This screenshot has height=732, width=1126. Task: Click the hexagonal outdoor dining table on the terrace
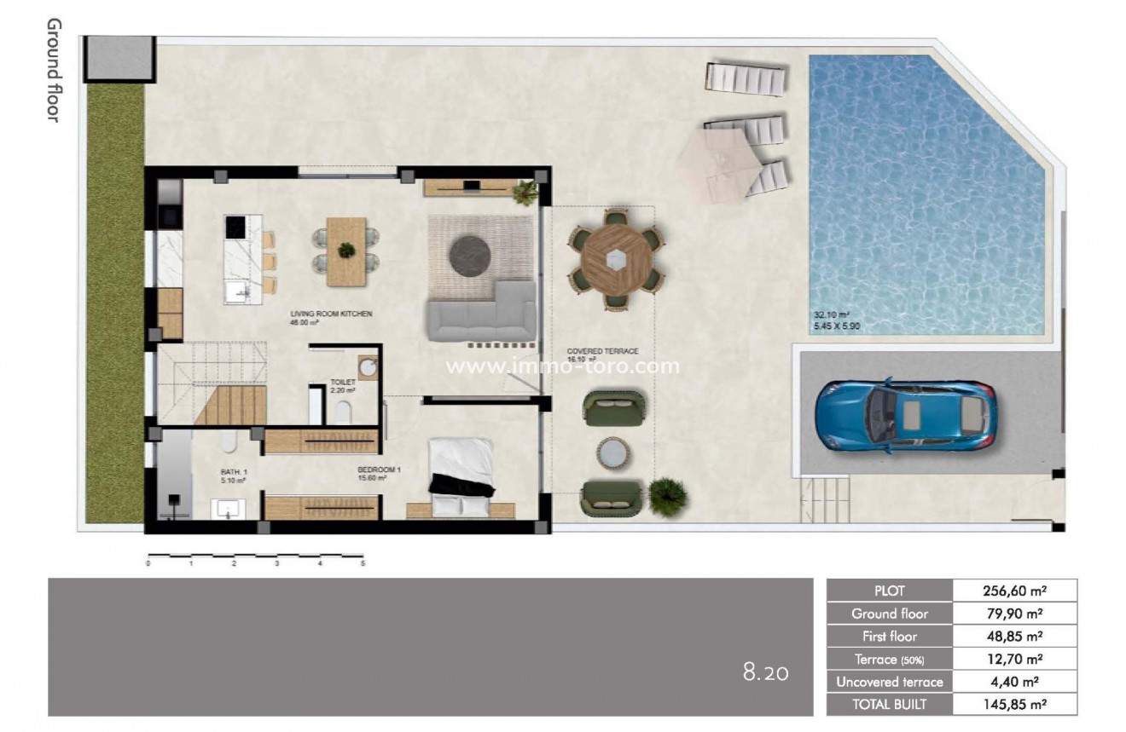point(615,258)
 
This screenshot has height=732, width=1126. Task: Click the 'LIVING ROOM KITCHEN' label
point(331,314)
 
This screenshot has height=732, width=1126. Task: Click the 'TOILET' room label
point(343,383)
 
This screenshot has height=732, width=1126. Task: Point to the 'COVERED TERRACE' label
point(603,351)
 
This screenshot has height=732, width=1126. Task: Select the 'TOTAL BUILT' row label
point(889,704)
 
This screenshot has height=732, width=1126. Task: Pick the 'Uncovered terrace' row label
point(889,682)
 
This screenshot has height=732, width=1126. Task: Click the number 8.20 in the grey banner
point(765,673)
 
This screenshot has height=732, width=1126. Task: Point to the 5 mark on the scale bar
point(363,563)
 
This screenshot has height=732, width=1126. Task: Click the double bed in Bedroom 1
point(461,477)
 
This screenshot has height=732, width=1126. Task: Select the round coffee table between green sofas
point(612,453)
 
